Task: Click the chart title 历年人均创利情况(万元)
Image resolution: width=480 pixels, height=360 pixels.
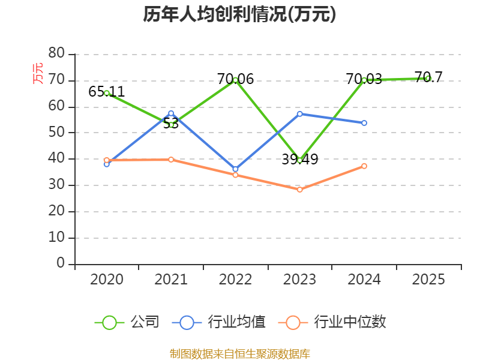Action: point(239,14)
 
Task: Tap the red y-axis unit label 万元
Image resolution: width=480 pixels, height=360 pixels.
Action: point(38,73)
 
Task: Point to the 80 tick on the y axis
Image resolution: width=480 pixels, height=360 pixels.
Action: point(56,53)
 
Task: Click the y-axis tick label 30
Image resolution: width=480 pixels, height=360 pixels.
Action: point(56,185)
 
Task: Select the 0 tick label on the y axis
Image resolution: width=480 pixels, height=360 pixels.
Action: point(61,263)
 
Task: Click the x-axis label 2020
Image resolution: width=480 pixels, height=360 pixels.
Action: point(107,279)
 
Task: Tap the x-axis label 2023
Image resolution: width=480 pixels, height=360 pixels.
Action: point(299,279)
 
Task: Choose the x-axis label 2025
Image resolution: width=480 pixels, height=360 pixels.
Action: point(428,279)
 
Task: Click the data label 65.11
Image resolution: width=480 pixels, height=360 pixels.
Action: point(107,92)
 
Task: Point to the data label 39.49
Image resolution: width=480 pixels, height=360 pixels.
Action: point(299,159)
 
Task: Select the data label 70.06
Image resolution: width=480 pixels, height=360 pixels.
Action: point(235,79)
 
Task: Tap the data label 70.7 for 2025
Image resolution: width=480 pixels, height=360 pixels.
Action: point(428,77)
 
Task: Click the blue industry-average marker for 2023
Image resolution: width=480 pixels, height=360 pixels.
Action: point(299,114)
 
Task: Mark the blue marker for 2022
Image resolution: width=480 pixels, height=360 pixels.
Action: point(235,169)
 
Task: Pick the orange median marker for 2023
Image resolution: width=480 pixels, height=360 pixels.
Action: point(299,190)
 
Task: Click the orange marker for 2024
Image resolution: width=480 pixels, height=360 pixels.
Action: point(364,166)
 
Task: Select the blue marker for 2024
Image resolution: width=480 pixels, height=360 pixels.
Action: point(364,123)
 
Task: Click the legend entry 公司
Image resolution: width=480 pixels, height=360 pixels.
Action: point(127,322)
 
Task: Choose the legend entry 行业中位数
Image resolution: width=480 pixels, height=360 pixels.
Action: point(332,322)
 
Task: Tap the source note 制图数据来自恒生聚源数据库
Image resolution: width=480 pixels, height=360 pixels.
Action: point(240,354)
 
